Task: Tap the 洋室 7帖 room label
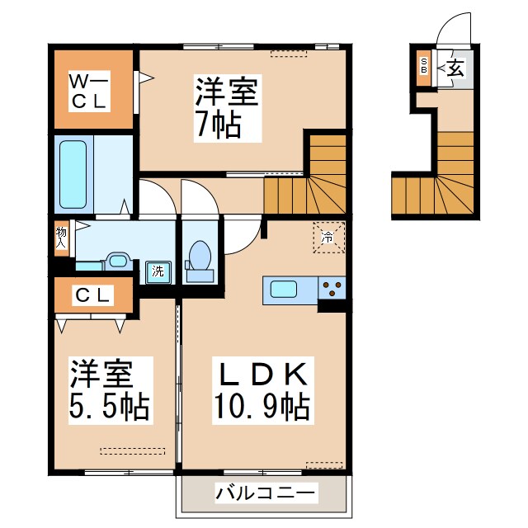(219, 106)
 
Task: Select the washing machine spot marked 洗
(156, 270)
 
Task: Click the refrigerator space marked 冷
(328, 238)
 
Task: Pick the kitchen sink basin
(285, 290)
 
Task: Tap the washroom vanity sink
(117, 263)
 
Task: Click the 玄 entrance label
(455, 68)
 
